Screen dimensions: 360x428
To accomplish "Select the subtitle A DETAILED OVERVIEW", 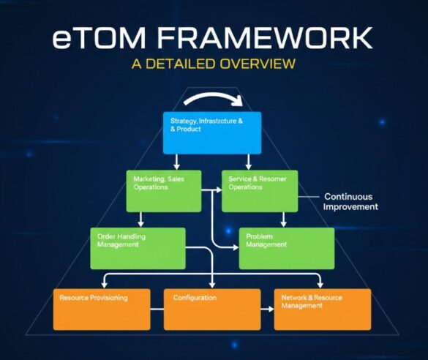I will coord(214,64).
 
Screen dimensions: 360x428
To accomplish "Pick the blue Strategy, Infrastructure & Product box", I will coord(211,132).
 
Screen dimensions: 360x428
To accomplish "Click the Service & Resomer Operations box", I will coord(259,190).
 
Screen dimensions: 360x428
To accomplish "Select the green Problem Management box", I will coord(286,248).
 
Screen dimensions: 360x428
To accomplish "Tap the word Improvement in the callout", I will coord(350,207).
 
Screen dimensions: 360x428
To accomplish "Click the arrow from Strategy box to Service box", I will coord(249,161).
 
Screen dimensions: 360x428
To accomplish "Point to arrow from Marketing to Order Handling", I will coord(140,220).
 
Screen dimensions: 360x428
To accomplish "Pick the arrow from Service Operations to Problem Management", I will coord(284,220).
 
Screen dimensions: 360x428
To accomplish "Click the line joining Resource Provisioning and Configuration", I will coord(157,309).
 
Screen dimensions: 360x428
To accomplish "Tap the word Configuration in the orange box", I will coord(194,298).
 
